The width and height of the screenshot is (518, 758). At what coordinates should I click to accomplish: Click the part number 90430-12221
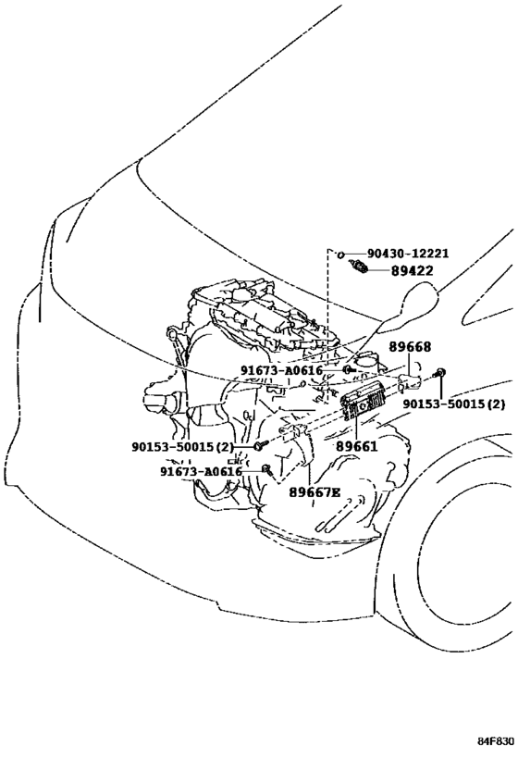point(408,254)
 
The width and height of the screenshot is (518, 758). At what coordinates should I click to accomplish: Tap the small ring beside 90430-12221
point(340,254)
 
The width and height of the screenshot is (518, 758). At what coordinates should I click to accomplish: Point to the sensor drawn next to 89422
point(359,267)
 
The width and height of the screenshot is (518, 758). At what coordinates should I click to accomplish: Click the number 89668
point(411,347)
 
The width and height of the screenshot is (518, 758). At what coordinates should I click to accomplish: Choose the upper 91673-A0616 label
point(281,370)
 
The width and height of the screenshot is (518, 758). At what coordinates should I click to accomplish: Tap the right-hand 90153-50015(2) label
point(454,404)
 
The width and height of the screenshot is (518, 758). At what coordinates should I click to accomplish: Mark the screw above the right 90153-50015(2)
point(440,373)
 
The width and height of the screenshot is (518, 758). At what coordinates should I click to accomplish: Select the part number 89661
point(357,446)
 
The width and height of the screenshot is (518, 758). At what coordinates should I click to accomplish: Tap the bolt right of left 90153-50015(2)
point(261,445)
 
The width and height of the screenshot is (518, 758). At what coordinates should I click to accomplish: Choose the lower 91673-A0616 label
point(201,471)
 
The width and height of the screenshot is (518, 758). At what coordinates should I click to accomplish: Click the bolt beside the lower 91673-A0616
point(266,468)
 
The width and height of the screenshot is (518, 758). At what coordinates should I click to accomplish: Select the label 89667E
point(314,492)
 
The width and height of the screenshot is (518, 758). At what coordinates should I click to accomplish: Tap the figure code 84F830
point(496,741)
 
